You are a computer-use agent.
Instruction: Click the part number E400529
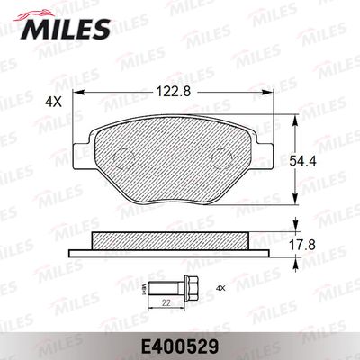179,344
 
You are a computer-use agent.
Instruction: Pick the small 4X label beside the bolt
220,289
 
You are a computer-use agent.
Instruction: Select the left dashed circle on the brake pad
116,155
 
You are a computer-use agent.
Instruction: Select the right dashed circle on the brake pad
221,155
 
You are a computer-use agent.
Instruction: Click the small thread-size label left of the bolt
146,289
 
